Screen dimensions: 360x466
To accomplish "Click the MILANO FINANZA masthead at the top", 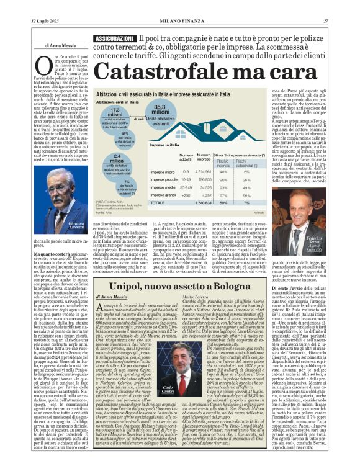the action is coord(179,22).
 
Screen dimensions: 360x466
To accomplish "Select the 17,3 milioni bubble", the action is coord(114,115).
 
